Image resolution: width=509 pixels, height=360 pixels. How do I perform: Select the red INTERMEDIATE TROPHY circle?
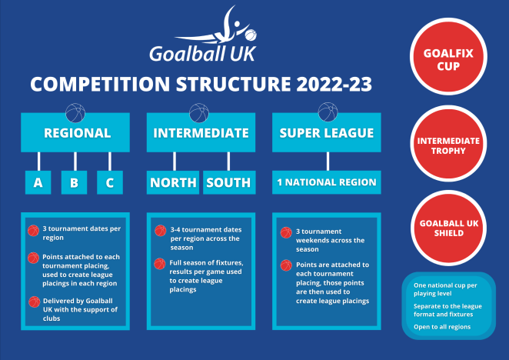point(447,145)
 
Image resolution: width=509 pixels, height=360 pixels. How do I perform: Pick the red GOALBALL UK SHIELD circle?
point(447,228)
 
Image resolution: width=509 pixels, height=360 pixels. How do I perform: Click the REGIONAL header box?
point(77,133)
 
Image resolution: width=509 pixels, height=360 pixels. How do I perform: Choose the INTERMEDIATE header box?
point(201,133)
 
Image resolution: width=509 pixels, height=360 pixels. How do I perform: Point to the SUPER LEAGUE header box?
point(327,133)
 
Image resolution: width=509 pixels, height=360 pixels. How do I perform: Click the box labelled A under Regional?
point(38,182)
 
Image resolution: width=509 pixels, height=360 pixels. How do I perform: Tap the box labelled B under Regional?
point(74,182)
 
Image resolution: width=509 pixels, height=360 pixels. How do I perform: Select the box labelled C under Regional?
point(110,182)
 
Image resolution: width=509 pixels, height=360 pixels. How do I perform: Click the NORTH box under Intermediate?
point(173,182)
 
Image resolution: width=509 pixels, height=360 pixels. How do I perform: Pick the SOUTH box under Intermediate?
point(228,182)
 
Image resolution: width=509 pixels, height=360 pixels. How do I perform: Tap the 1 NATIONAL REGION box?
point(327,182)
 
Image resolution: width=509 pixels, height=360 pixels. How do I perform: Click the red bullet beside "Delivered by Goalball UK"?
point(34,302)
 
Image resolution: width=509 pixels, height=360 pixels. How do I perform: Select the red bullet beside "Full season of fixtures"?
point(160,264)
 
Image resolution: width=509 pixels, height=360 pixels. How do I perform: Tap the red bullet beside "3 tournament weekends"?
point(286,232)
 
